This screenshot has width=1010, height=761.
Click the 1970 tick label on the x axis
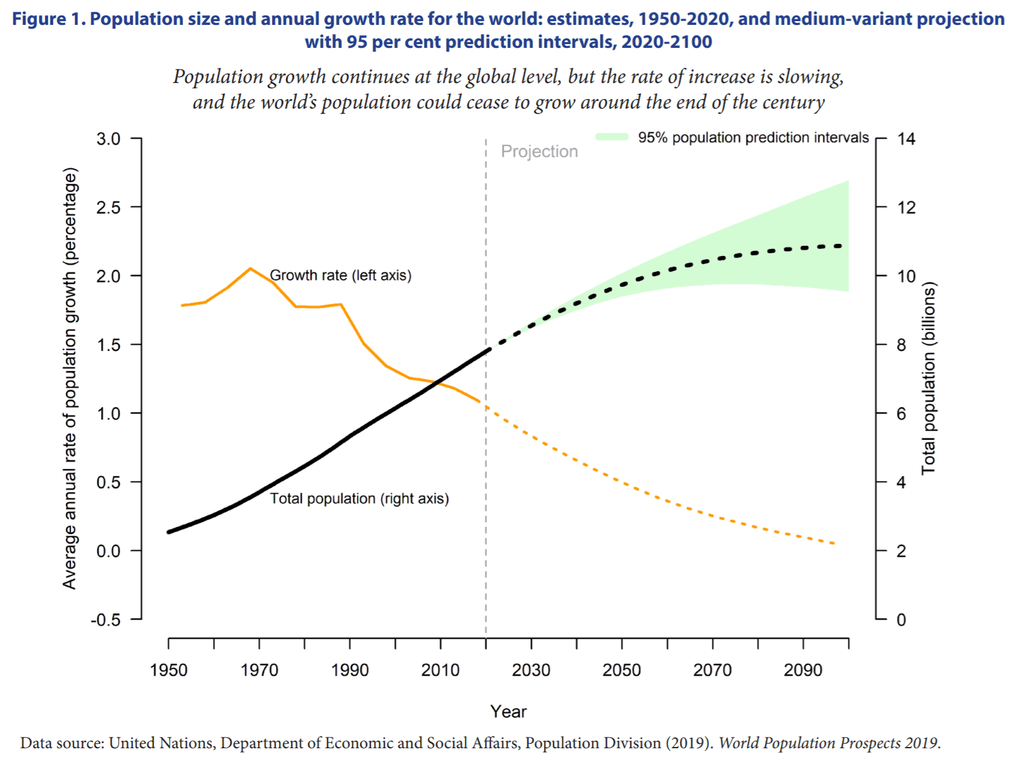[x=259, y=670]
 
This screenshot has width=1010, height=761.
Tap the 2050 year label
[x=622, y=670]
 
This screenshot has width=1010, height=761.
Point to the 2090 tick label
[x=803, y=670]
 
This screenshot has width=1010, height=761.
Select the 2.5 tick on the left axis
[x=109, y=207]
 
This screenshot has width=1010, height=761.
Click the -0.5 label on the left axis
[x=105, y=620]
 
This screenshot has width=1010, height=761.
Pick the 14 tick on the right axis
[x=906, y=139]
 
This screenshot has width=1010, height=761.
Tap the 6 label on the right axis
[x=901, y=414]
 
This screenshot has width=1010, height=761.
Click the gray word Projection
[x=539, y=151]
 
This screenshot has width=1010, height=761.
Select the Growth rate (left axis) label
[x=340, y=275]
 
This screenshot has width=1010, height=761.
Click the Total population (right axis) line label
[x=359, y=499]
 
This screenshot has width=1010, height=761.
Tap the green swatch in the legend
[x=612, y=137]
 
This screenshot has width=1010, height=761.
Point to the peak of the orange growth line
[x=250, y=268]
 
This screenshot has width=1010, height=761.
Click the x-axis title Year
[x=508, y=711]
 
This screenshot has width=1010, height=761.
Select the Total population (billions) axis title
[x=928, y=378]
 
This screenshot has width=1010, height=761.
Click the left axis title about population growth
[x=70, y=378]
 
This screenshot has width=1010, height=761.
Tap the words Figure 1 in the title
[x=49, y=19]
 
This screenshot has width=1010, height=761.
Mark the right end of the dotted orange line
[x=834, y=543]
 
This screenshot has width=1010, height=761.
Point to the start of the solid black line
[x=169, y=532]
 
